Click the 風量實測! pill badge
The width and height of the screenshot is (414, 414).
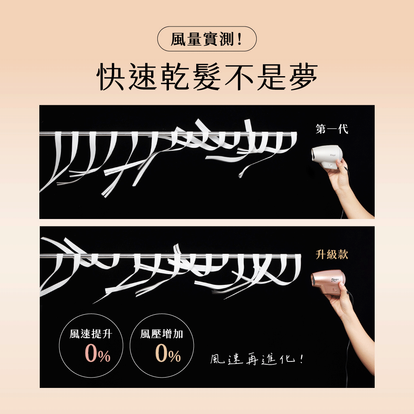coord(207,39)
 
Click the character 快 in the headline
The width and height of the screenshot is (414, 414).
coord(111,77)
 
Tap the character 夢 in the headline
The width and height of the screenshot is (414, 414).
coord(303,77)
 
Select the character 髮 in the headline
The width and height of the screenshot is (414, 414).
coord(207,77)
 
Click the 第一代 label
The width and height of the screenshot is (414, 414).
coord(332,129)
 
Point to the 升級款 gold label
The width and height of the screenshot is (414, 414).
coord(332,255)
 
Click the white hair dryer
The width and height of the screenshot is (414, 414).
coord(327,157)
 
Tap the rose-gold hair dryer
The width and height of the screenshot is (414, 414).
coord(328,282)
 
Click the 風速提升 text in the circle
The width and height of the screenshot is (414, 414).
coord(91,334)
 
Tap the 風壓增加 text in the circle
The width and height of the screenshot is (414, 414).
coord(161,334)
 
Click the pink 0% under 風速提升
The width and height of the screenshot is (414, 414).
coord(97,354)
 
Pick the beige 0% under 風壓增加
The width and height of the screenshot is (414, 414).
coord(168,354)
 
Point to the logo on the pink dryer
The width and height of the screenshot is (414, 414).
coord(335,280)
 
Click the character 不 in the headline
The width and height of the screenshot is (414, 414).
coord(239,77)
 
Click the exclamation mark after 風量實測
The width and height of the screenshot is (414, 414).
coord(239,39)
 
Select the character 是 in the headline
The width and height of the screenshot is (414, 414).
coord(272,77)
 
